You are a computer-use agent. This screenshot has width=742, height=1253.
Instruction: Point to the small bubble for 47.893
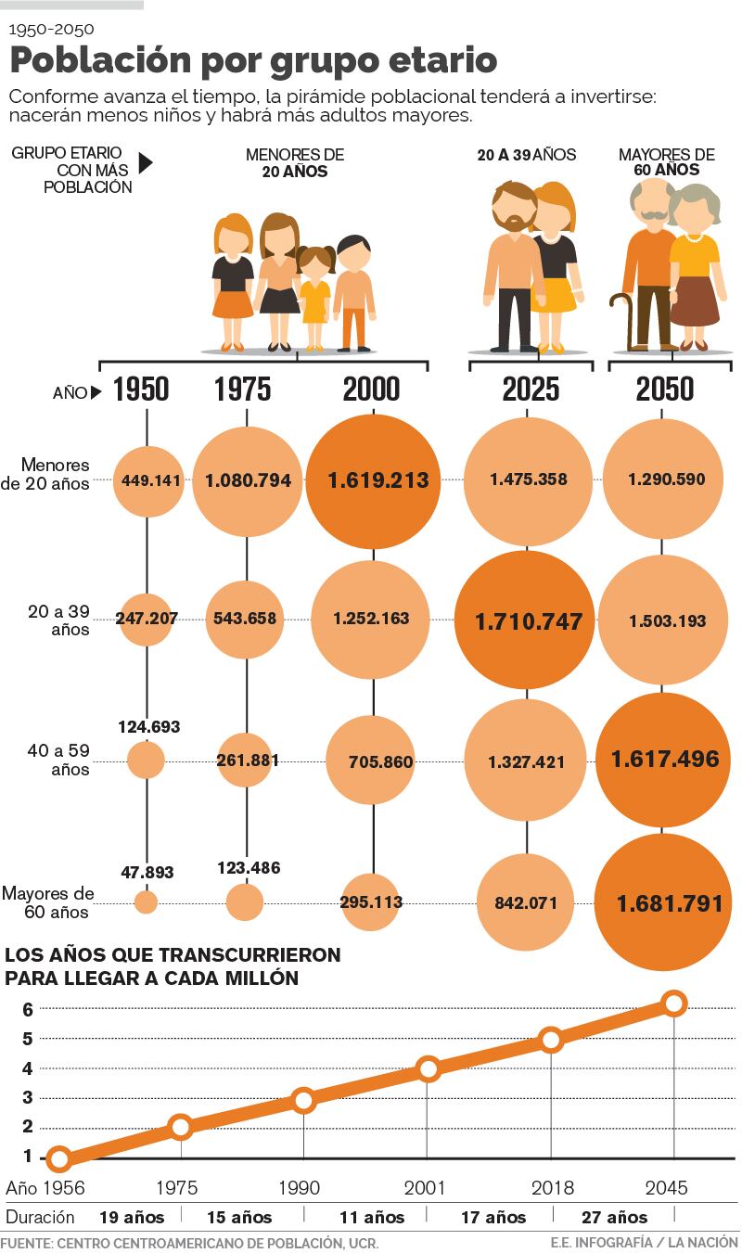[x=146, y=901]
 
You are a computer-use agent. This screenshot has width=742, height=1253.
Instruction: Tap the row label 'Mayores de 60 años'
[x=48, y=902]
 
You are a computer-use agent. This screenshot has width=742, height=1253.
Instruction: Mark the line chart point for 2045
[x=674, y=1003]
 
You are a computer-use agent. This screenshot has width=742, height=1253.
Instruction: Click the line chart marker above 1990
[x=303, y=1101]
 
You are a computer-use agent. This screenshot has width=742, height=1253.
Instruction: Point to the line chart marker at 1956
[x=58, y=1157]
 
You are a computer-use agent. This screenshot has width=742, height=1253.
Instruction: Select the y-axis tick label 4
[x=28, y=1068]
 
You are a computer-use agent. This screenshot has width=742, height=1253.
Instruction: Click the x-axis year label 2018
[x=551, y=1187]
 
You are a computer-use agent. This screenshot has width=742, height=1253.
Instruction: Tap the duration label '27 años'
[x=614, y=1217]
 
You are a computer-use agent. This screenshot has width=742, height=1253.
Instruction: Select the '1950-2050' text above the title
[x=51, y=29]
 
